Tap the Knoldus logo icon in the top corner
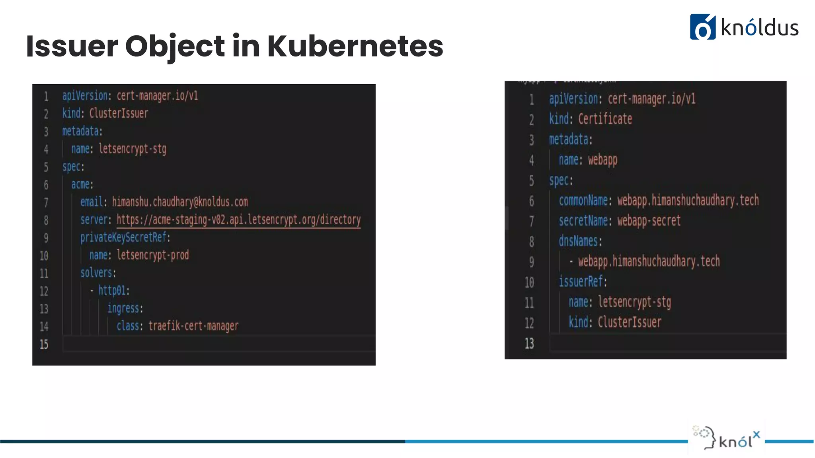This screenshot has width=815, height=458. pyautogui.click(x=702, y=27)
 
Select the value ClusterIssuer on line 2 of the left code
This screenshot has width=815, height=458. pyautogui.click(x=119, y=114)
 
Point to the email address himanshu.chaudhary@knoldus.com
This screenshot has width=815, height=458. pyautogui.click(x=180, y=202)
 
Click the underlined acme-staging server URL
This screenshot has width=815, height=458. pyautogui.click(x=238, y=220)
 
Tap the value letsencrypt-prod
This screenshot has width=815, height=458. pyautogui.click(x=153, y=255)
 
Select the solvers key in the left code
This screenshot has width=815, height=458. pyautogui.click(x=97, y=273)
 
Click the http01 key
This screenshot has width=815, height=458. pyautogui.click(x=113, y=290)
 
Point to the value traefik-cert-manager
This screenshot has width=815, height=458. pyautogui.click(x=193, y=326)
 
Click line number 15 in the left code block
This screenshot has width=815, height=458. pyautogui.click(x=44, y=344)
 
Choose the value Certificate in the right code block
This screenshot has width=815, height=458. pyautogui.click(x=605, y=119)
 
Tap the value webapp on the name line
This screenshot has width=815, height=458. pyautogui.click(x=603, y=160)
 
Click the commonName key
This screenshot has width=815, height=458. pyautogui.click(x=583, y=200)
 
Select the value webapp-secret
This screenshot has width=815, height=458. pyautogui.click(x=649, y=221)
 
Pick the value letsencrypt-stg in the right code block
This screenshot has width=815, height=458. pyautogui.click(x=634, y=302)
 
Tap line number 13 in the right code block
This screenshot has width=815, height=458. pyautogui.click(x=529, y=343)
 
